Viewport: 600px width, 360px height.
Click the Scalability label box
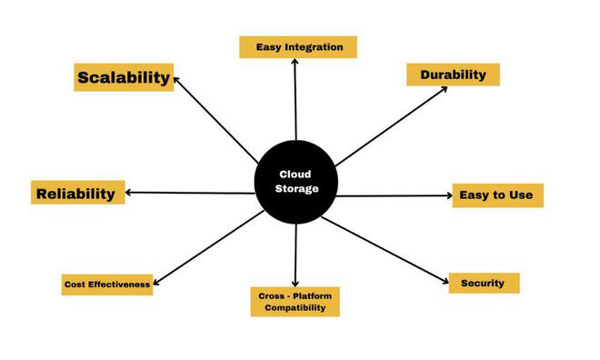(x=124, y=77)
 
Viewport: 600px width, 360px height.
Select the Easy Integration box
(x=298, y=46)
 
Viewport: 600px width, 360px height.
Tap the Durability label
(x=453, y=75)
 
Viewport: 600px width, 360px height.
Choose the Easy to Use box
(x=497, y=195)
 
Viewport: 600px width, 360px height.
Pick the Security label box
(x=483, y=283)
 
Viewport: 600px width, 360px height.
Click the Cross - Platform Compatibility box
(x=295, y=302)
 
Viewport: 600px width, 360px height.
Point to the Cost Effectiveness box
(x=107, y=285)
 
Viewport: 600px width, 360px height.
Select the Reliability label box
(x=77, y=193)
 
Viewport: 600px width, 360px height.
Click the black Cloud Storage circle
(x=297, y=181)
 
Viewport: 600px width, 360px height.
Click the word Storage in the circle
(x=297, y=188)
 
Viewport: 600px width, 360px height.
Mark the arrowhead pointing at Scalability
(x=176, y=79)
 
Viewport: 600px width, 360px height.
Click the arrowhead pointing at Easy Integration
(x=295, y=63)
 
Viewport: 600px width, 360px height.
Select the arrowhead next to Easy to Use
(x=448, y=195)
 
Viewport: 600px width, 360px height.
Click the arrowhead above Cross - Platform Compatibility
(x=295, y=284)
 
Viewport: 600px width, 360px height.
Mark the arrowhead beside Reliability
(x=129, y=193)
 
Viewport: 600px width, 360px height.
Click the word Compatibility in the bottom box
(x=295, y=309)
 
